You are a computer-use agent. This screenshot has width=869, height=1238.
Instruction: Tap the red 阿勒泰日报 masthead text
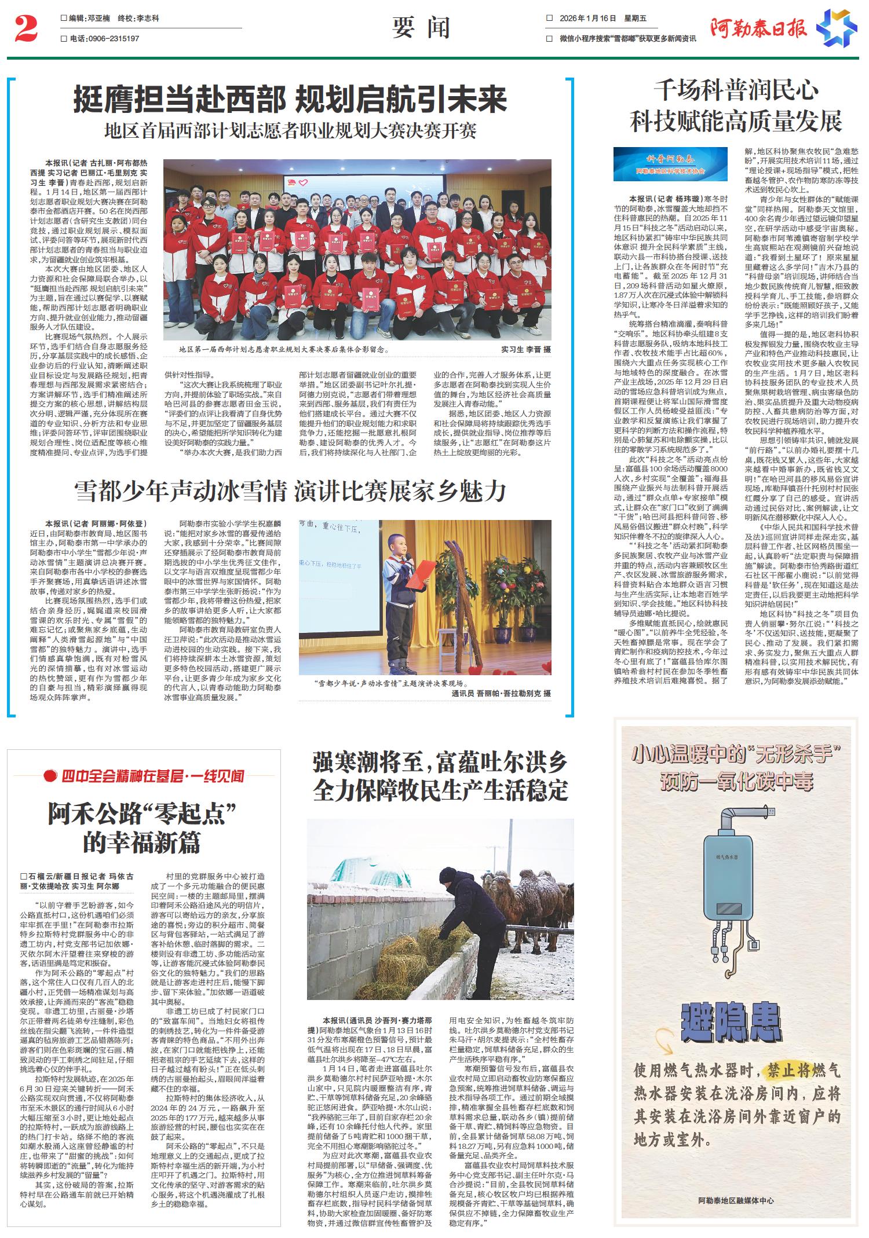click(758, 28)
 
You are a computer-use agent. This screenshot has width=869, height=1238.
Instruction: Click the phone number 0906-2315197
click(113, 38)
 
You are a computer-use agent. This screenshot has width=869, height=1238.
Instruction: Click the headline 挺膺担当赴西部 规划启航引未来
click(290, 99)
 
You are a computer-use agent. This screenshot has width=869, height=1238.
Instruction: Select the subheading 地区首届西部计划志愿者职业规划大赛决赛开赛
click(290, 131)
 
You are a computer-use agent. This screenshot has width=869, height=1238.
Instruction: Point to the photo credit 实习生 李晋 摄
click(526, 350)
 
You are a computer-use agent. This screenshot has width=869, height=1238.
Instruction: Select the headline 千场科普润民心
click(736, 91)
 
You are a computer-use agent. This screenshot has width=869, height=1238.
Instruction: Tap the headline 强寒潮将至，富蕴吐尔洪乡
click(440, 763)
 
